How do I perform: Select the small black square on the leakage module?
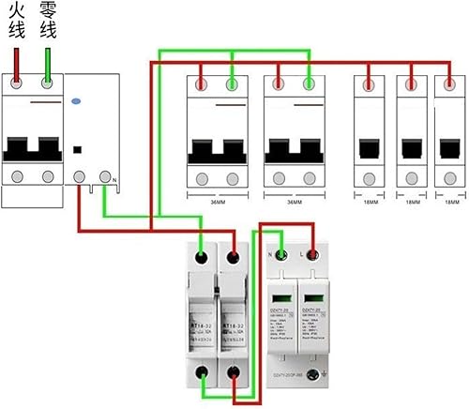pos(77,148)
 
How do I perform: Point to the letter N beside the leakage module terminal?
pos(113,179)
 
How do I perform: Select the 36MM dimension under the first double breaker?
pos(217,202)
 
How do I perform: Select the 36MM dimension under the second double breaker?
pos(293,202)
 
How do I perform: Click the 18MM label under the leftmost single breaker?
pos(370,202)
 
